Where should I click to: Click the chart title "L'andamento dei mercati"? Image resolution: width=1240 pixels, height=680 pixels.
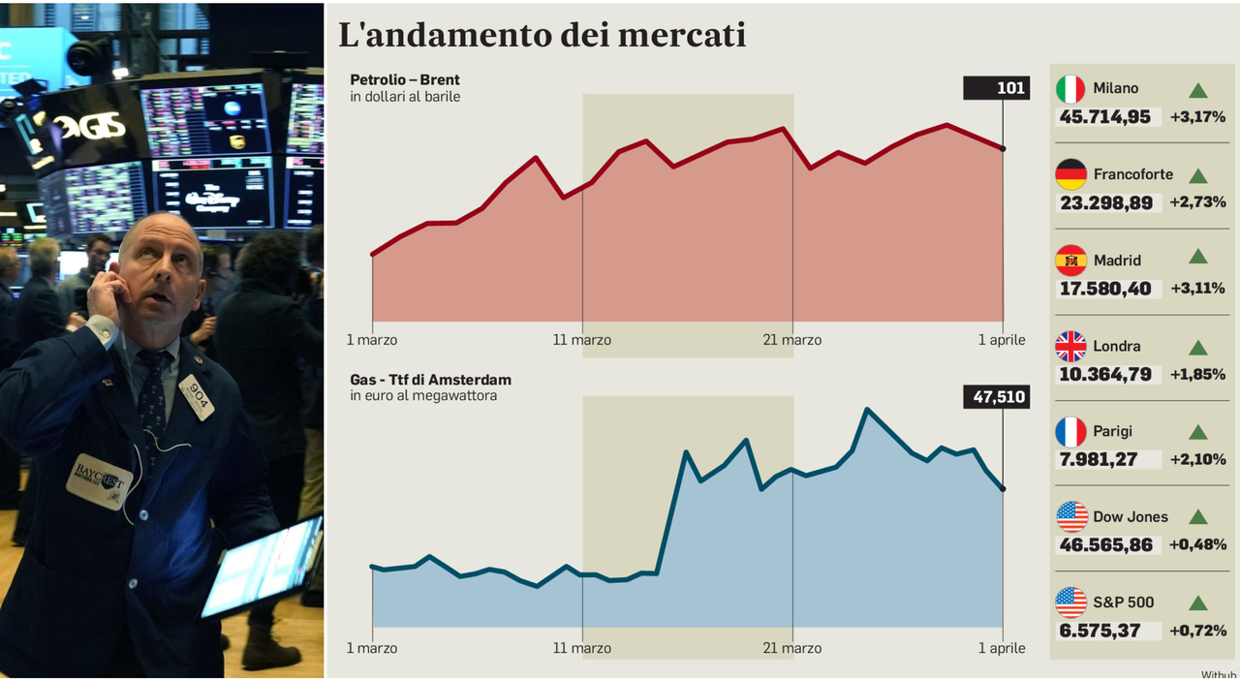point(542,35)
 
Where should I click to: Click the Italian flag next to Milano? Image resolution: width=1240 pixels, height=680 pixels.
point(1070,89)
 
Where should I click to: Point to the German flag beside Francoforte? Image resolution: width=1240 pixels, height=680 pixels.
point(1070,174)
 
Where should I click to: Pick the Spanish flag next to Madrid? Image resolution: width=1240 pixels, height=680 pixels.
point(1070,260)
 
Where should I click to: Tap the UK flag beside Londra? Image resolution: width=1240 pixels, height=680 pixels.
point(1070,346)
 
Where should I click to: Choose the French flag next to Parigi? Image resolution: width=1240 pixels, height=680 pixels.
point(1070,431)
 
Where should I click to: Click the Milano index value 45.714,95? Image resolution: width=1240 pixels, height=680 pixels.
point(1105,117)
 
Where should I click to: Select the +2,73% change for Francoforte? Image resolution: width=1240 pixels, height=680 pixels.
point(1197,202)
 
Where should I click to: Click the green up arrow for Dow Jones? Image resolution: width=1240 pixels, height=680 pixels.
point(1198,517)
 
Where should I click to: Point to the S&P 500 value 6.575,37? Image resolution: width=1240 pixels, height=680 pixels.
point(1099,631)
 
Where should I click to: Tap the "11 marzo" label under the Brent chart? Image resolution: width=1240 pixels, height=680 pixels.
point(582,340)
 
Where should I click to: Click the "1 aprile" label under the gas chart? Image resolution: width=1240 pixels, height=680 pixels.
point(1002,648)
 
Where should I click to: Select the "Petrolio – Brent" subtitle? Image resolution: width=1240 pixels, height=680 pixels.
point(405,79)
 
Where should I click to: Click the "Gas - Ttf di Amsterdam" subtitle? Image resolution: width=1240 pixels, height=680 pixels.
point(430,379)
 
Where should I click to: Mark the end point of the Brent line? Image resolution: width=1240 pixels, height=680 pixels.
point(1003,148)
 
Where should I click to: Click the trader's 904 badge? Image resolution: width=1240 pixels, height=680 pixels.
point(196,396)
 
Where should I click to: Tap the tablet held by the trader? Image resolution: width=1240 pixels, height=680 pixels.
point(261,566)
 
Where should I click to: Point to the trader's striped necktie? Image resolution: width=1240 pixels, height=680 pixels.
point(152,397)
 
